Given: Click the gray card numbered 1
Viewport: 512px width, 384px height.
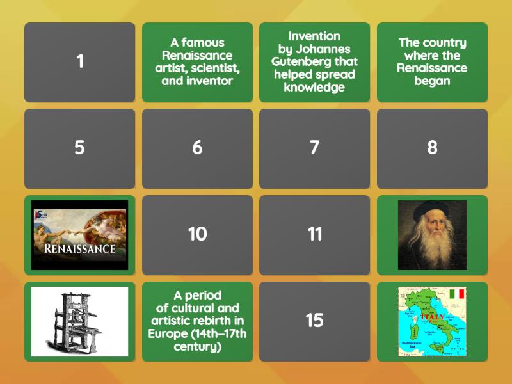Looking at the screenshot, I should point(80,62).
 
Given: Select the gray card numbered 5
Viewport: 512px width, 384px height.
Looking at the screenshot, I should point(80,148).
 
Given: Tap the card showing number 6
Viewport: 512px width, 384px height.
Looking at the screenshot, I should point(197,148).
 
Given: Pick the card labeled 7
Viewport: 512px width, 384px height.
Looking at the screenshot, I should point(314,148).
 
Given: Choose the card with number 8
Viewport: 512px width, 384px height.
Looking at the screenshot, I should point(432,148).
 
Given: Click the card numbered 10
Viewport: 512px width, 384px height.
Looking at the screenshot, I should point(197,234).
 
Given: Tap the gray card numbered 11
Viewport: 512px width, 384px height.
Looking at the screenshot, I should point(314,234).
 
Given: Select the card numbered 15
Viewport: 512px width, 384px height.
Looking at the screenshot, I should point(314,321).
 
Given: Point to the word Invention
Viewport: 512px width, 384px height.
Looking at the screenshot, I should point(314,36).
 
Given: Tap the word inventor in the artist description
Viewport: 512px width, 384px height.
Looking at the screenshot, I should point(211,81).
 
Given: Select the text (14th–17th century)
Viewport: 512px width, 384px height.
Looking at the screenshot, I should point(197,340).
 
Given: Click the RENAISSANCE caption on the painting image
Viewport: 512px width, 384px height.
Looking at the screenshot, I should point(80,248).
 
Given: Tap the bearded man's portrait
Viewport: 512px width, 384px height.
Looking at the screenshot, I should point(432,235).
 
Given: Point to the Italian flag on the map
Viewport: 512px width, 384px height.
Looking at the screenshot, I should point(456,294).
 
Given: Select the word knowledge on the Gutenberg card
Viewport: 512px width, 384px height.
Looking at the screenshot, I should point(314,88).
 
